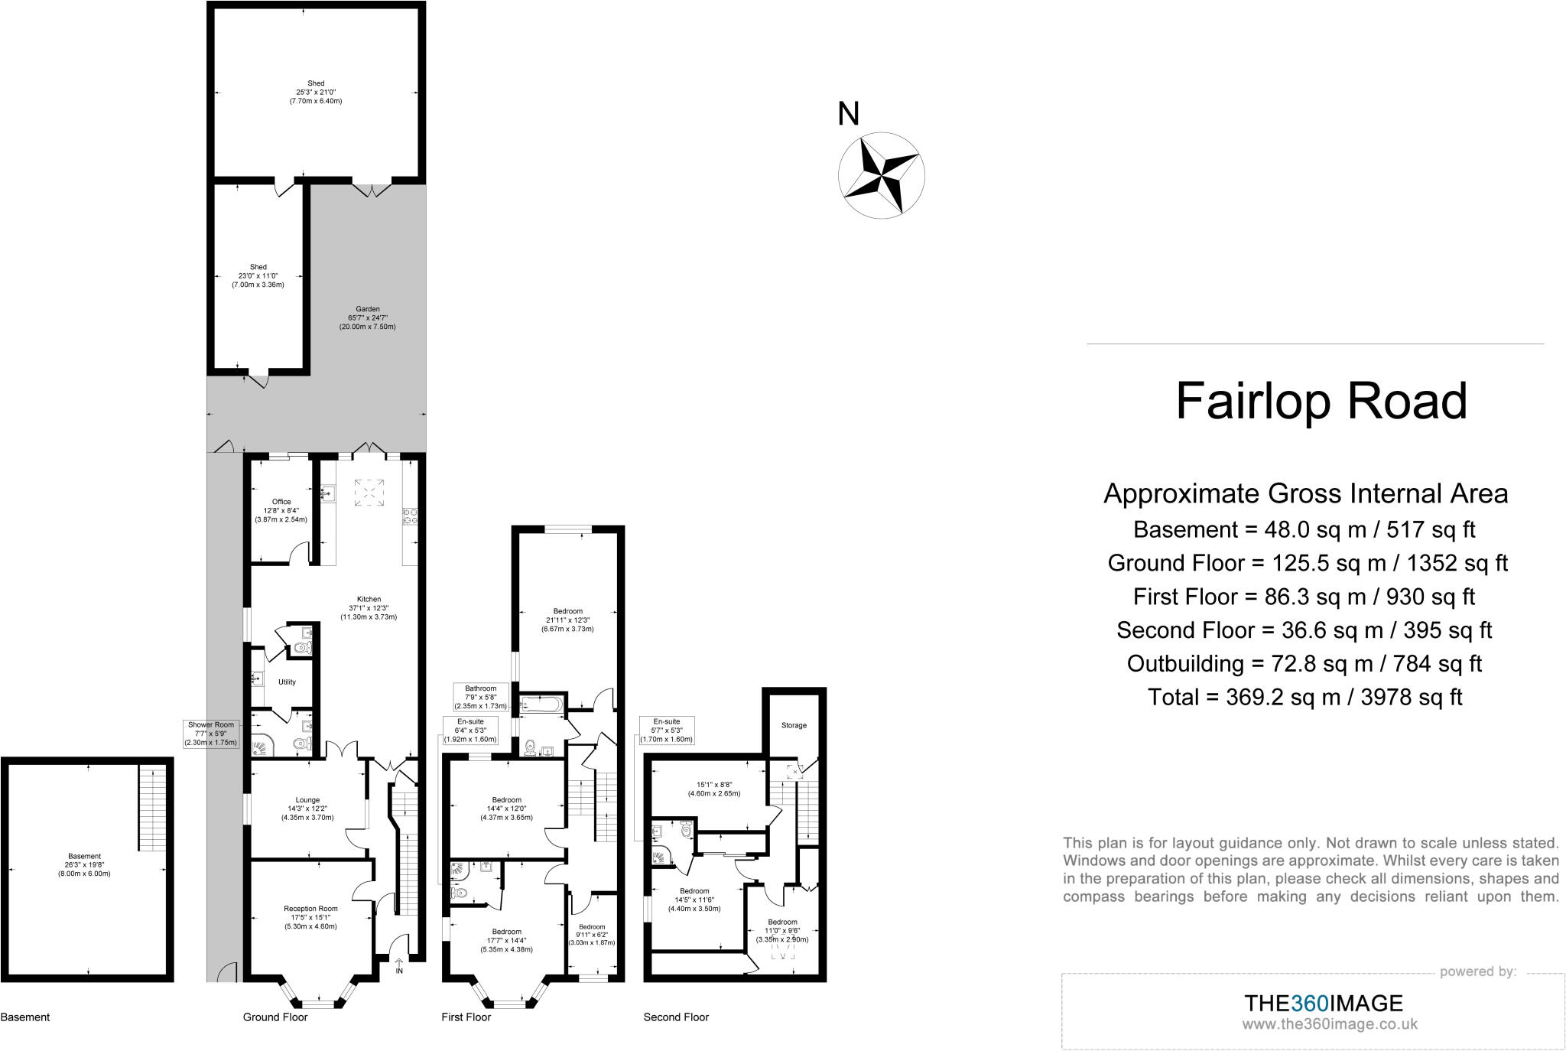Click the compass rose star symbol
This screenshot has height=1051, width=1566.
pos(881,176)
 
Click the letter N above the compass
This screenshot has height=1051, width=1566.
pos(849,114)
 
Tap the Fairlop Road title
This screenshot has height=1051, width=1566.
pos(1321,401)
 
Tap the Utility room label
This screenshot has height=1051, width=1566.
pos(287,682)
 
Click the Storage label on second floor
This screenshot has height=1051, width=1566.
pos(794,725)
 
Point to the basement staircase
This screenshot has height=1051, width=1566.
pos(151,808)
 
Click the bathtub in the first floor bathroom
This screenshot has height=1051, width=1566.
pos(542,704)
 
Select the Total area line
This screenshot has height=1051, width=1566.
pos(1304,697)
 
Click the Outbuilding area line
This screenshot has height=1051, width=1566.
pos(1304,663)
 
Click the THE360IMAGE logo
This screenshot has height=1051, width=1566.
pos(1323,1003)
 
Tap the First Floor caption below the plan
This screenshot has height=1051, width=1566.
pos(466,1017)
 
